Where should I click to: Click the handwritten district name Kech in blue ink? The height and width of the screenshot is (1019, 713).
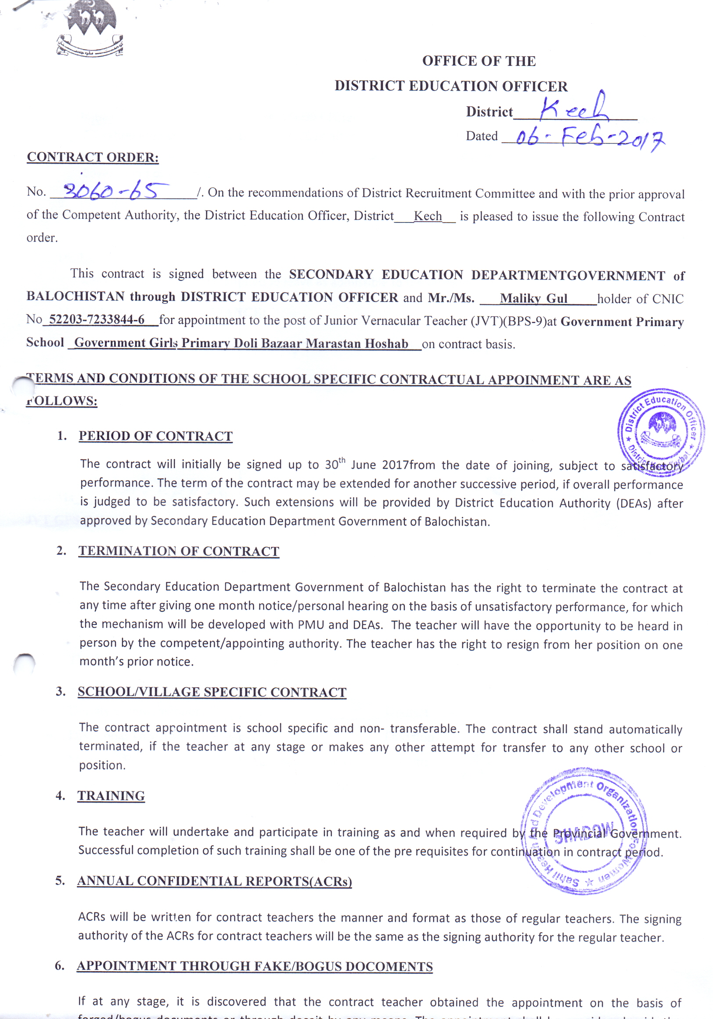tap(573, 108)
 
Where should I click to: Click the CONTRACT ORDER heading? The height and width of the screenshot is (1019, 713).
tap(93, 157)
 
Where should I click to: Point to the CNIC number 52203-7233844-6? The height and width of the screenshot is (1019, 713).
tap(97, 319)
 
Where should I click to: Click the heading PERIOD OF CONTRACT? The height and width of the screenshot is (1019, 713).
tap(155, 436)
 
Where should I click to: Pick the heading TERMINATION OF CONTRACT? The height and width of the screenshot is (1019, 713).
tap(179, 551)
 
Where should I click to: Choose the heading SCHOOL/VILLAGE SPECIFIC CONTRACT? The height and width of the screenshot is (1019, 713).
tap(212, 692)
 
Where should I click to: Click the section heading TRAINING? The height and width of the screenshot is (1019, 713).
tap(111, 796)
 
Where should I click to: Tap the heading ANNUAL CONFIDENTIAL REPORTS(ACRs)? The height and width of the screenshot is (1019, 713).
tap(214, 881)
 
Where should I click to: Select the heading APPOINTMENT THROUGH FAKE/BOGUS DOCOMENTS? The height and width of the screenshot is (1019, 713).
tap(254, 966)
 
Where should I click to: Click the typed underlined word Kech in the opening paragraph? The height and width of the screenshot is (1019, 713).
tap(428, 216)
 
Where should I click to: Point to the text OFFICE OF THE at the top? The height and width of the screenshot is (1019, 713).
tap(479, 61)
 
